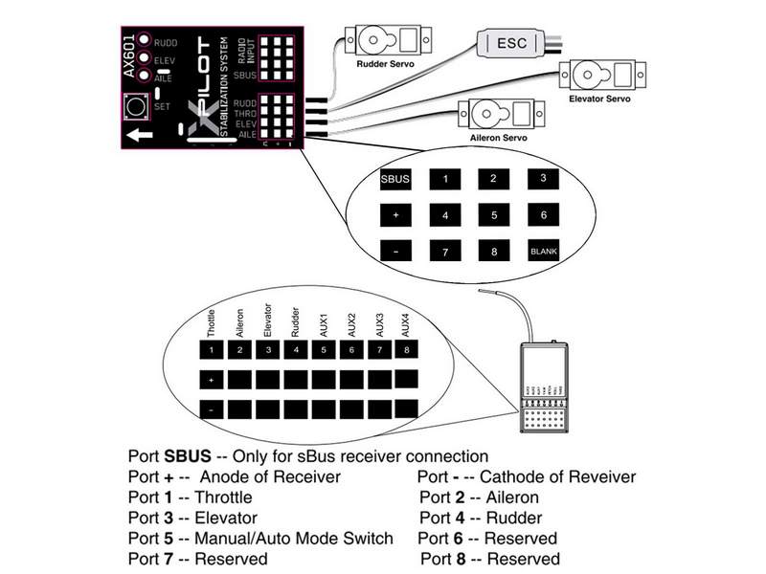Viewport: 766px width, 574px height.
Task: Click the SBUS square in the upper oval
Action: click(395, 178)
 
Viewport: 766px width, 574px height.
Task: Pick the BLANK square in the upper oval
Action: click(543, 253)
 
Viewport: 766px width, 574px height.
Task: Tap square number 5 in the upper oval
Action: click(493, 216)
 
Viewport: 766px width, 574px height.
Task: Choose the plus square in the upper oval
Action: click(395, 216)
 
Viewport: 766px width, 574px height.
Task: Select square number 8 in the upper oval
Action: click(493, 253)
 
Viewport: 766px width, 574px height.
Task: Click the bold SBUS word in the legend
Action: click(186, 455)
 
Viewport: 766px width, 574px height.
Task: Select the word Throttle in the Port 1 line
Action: click(222, 497)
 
